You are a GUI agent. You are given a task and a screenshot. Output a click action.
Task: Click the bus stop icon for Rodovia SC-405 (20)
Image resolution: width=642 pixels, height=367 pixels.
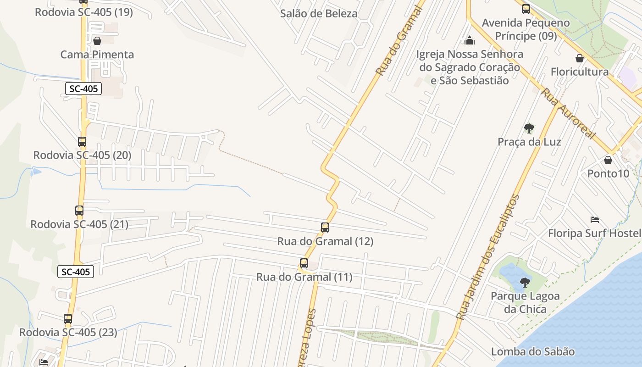[82, 142]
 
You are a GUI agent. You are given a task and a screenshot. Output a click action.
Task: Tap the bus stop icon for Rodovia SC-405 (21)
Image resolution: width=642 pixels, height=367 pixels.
[79, 211]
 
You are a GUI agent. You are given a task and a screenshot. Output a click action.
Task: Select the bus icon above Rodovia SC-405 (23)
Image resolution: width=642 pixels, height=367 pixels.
[68, 318]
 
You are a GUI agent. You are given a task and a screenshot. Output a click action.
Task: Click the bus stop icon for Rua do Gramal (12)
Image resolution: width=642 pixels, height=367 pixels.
[325, 227]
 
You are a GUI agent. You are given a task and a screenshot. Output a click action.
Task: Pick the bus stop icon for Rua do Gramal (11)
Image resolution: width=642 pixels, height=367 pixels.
[304, 263]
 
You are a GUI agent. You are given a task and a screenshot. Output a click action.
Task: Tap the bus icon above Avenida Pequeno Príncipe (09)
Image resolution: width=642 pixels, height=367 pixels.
[526, 9]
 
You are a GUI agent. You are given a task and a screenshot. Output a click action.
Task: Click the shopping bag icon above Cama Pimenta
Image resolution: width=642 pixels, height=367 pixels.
[97, 41]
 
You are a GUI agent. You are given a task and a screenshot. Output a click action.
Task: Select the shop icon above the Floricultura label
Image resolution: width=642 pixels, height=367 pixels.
[580, 58]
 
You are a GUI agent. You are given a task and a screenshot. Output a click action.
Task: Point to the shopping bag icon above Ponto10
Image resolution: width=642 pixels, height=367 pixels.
[608, 160]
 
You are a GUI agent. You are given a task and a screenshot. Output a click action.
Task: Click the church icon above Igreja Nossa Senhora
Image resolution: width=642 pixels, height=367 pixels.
[469, 40]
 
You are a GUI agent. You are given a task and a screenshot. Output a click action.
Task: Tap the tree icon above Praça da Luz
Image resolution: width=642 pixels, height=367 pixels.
[529, 128]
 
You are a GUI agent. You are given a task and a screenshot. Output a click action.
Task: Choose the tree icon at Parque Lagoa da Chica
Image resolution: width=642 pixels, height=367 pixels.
[525, 282]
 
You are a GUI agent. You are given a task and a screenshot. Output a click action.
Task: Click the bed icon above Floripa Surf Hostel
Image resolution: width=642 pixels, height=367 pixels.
[595, 219]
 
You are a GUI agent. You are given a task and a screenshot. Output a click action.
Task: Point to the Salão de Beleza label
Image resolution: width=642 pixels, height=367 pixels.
[319, 14]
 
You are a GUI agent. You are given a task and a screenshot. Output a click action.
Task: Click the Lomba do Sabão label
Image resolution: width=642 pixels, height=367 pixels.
[532, 352]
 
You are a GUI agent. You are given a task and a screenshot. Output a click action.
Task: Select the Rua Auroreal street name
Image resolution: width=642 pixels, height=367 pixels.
[568, 114]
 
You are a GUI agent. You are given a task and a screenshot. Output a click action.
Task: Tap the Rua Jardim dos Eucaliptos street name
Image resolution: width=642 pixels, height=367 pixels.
[488, 257]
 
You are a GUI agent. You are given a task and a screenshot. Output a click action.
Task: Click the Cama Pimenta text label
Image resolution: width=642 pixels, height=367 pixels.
[97, 55]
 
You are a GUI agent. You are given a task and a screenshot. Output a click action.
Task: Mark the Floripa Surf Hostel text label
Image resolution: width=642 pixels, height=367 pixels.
[594, 234]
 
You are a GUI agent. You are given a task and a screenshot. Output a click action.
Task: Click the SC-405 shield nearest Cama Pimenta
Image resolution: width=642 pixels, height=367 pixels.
[83, 89]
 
